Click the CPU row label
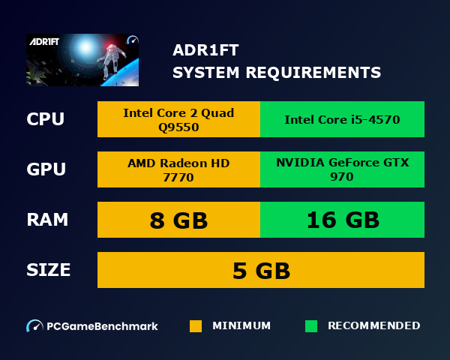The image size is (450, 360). point(45,119)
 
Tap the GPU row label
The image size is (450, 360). point(46,169)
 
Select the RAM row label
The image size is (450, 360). point(47,220)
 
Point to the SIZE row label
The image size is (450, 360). point(48,269)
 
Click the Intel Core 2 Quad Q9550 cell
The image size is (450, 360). point(178,119)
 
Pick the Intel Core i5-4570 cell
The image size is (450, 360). point(342,119)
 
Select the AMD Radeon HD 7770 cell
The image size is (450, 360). point(178,169)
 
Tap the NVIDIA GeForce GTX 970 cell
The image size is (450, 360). point(342,169)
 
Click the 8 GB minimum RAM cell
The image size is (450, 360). point(178,220)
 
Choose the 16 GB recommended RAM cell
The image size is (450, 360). point(342,220)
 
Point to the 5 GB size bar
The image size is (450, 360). point(261,270)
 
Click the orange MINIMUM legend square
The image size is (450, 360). point(196,326)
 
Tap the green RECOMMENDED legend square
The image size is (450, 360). point(311,326)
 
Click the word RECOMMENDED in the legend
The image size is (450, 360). point(373,326)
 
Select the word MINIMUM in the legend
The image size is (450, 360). point(241,326)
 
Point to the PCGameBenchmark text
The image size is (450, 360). point(102,326)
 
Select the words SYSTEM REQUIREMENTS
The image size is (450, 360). point(277,73)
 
